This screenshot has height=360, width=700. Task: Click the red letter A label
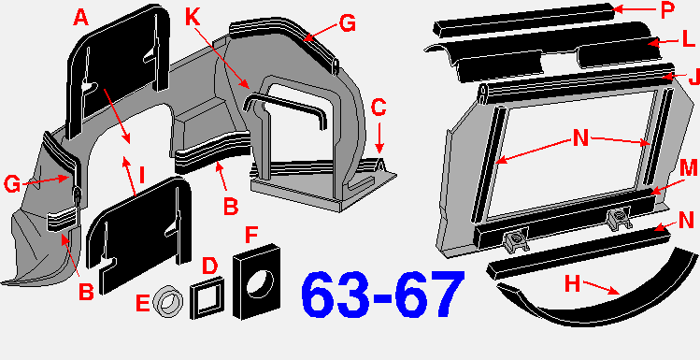pyautogui.click(x=80, y=19)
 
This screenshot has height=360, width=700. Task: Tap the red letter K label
pyautogui.click(x=193, y=20)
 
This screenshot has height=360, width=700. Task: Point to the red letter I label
pyautogui.click(x=142, y=176)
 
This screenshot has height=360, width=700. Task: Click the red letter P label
pyautogui.click(x=668, y=10)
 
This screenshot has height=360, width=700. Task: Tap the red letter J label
pyautogui.click(x=693, y=76)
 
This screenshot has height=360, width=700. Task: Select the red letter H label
pyautogui.click(x=573, y=284)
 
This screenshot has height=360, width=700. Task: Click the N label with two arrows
pyautogui.click(x=580, y=138)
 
